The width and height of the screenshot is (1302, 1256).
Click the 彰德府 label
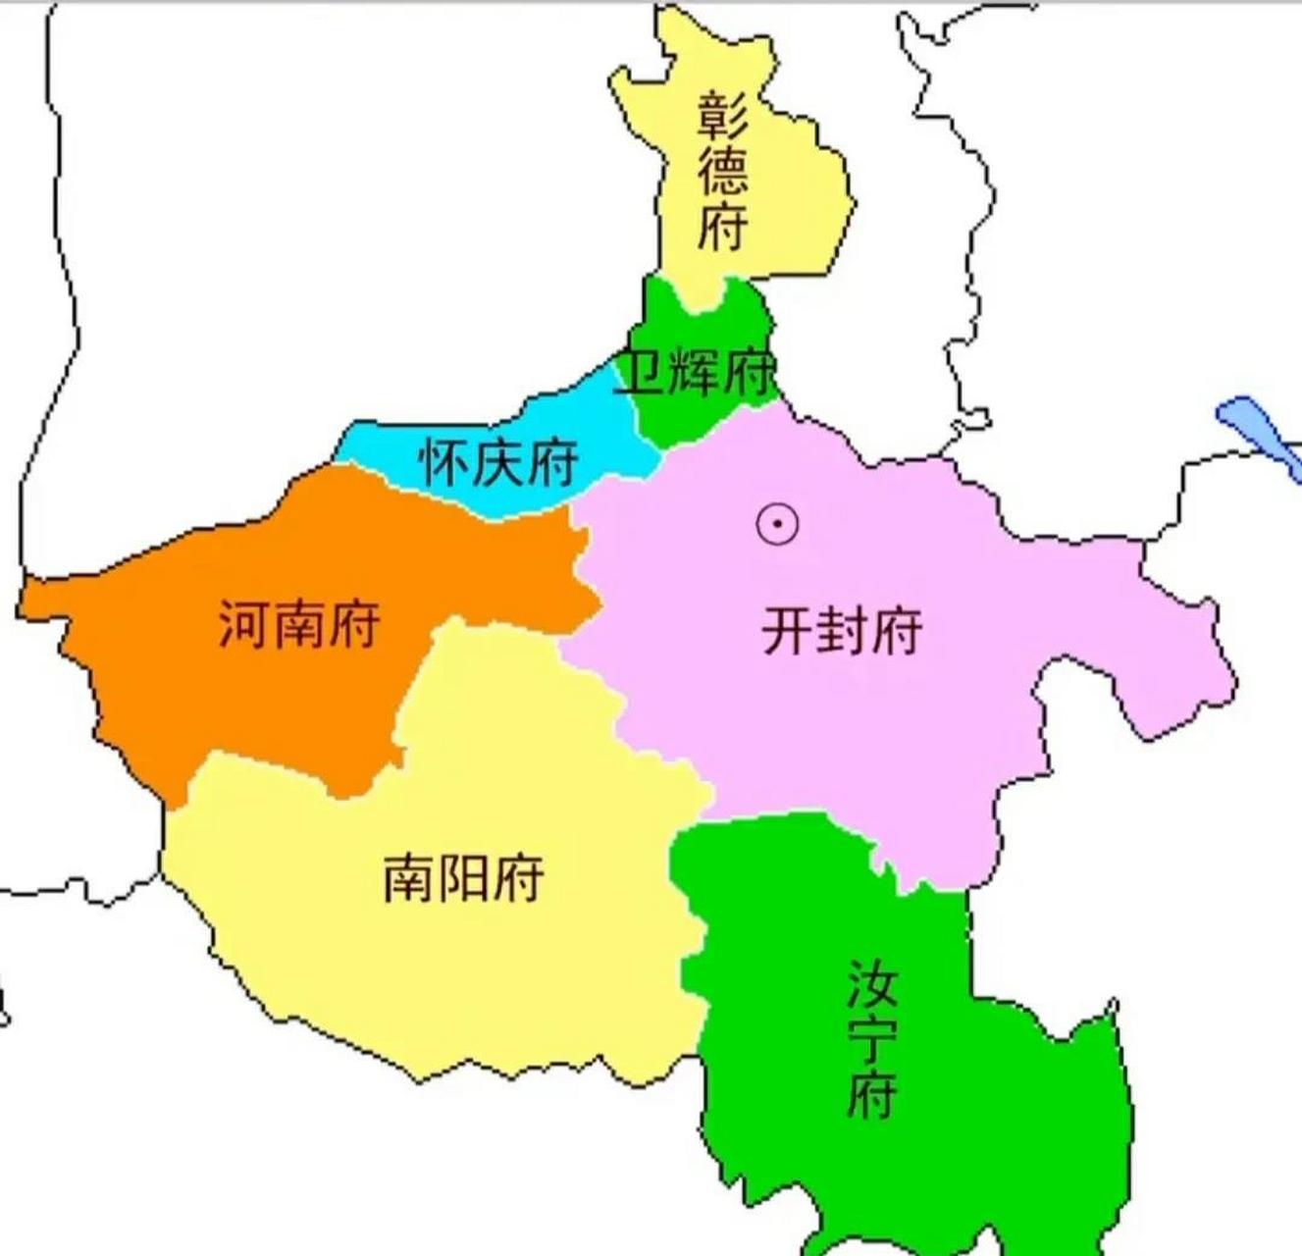tap(723, 171)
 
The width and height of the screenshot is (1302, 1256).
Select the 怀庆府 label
tap(498, 461)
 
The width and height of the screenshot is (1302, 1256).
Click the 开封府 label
tap(842, 631)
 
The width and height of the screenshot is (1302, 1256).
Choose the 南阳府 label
tap(463, 876)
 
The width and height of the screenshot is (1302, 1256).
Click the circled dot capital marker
tap(777, 524)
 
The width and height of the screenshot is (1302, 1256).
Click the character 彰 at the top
tap(723, 115)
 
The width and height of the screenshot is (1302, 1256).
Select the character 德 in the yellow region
tap(723, 171)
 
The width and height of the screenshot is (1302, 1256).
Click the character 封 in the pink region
tap(842, 631)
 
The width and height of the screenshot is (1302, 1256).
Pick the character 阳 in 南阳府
tap(463, 876)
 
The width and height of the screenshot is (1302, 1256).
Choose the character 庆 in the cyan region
tap(498, 461)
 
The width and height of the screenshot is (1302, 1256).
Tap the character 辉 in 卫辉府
tap(696, 372)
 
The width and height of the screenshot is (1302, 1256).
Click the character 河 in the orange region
tap(244, 624)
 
